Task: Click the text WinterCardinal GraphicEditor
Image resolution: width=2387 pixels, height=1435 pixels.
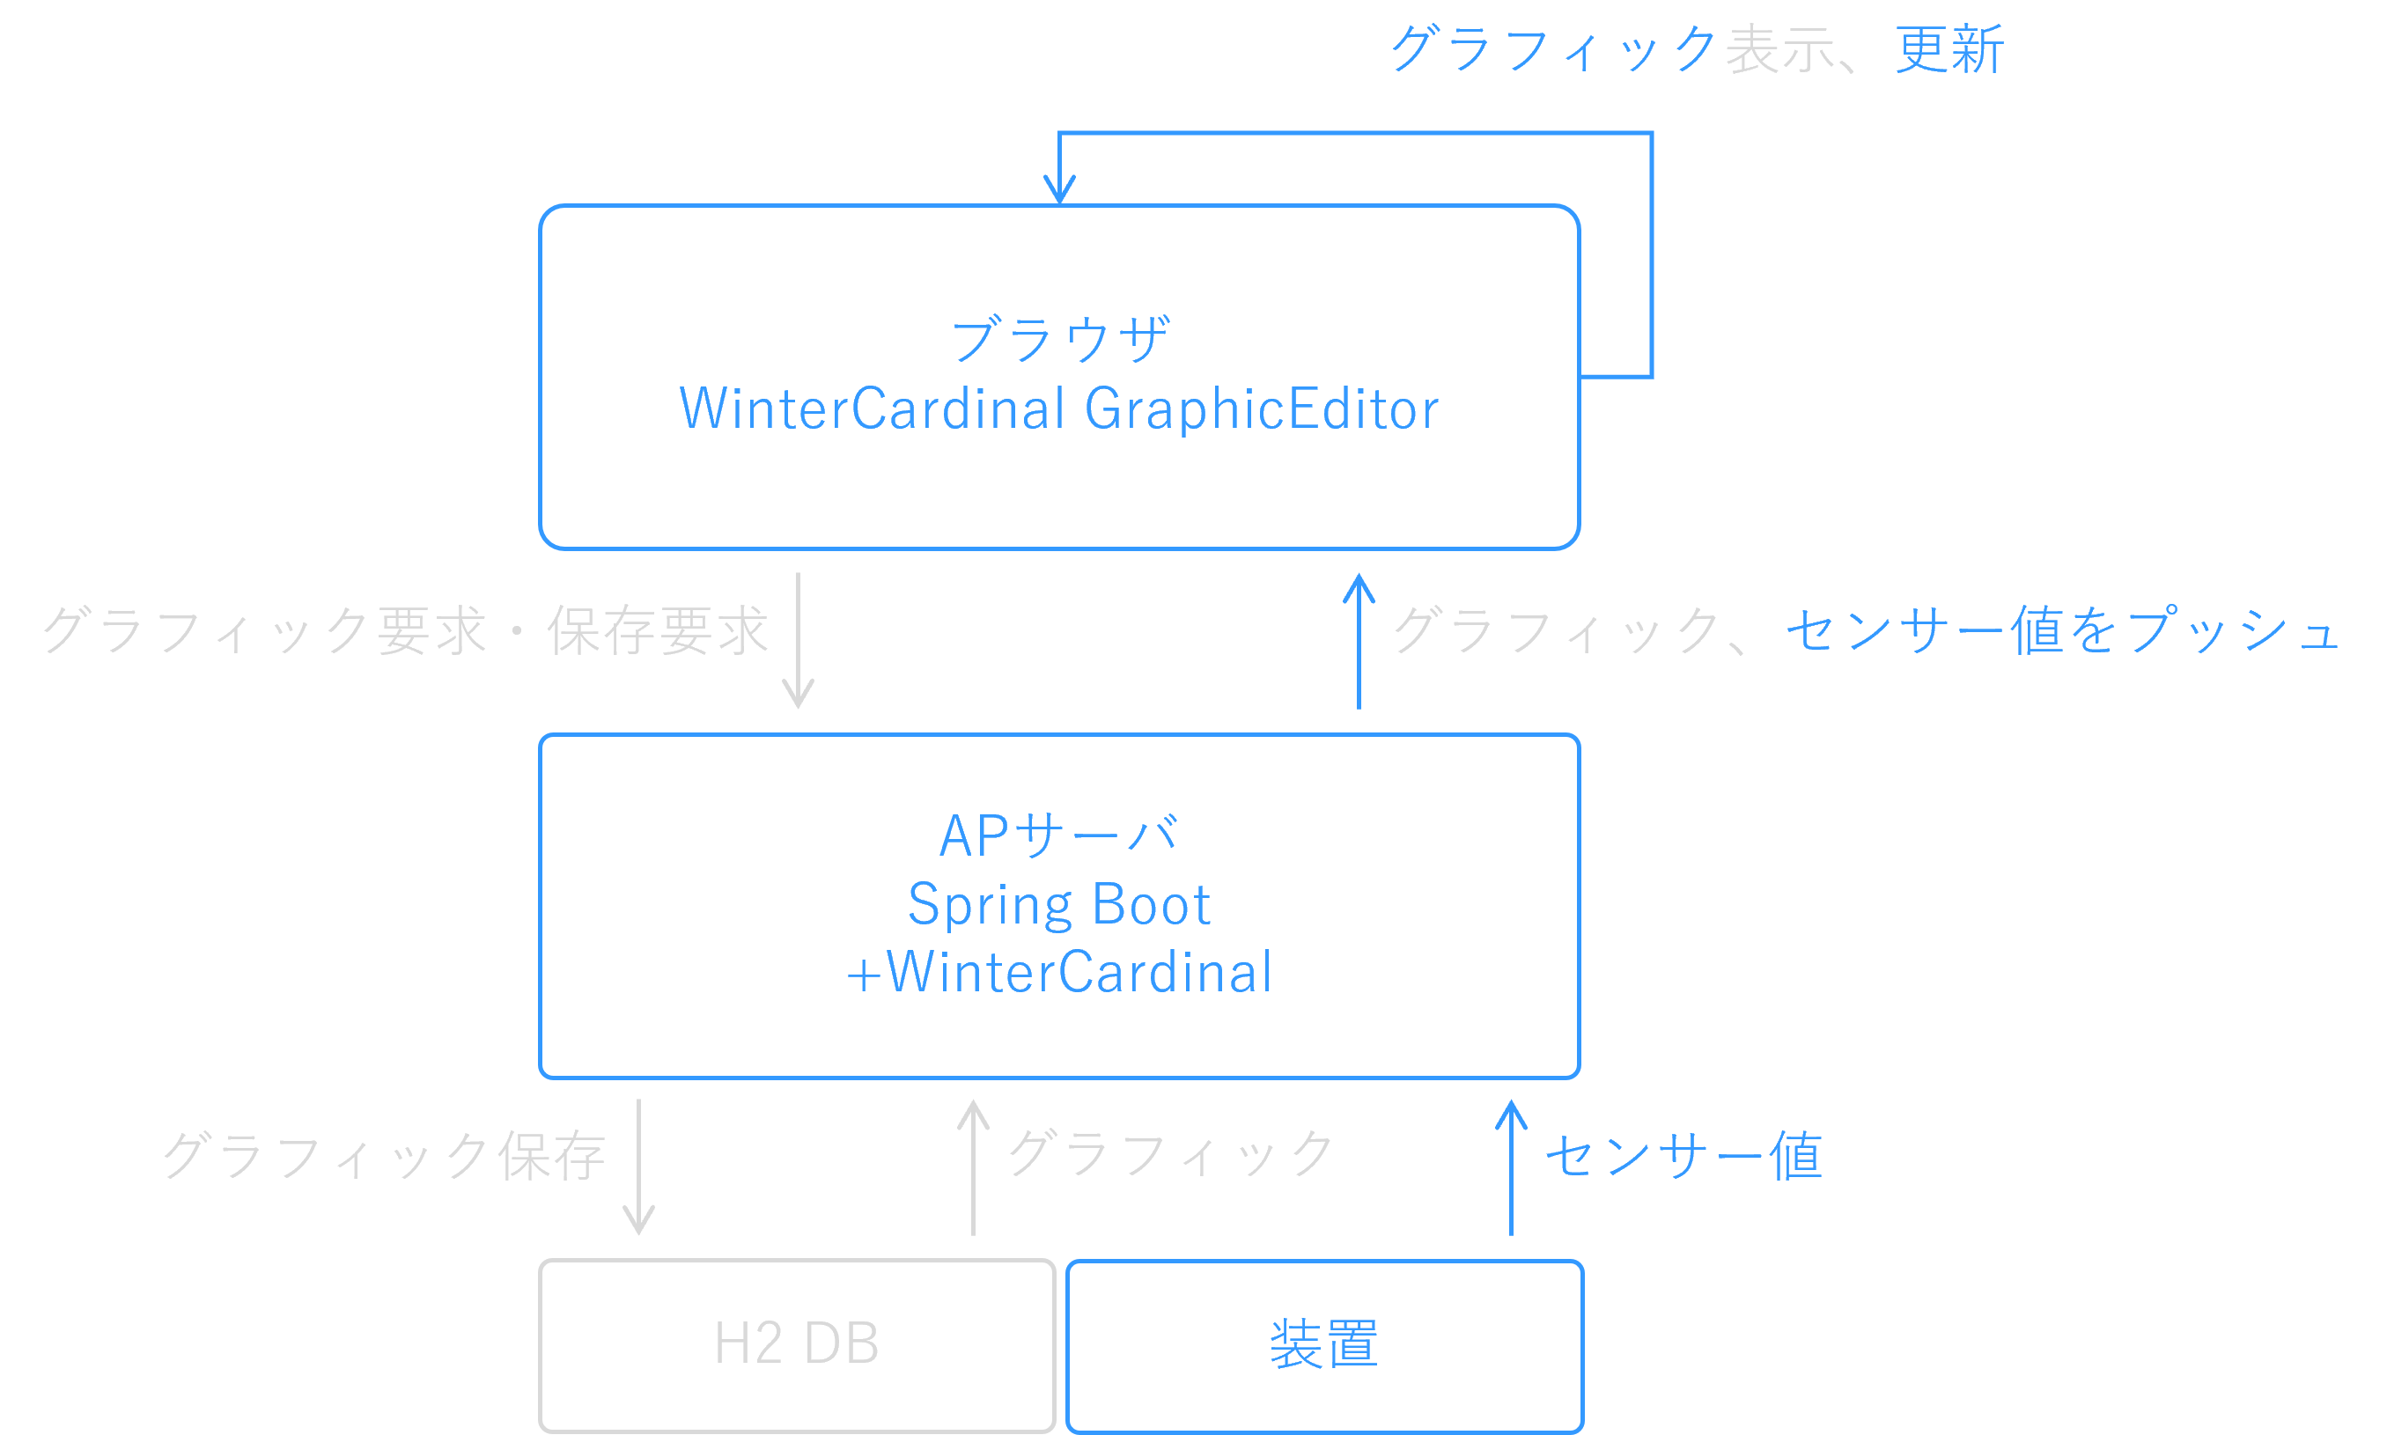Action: (1058, 409)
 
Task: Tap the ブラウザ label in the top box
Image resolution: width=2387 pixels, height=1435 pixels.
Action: (1061, 340)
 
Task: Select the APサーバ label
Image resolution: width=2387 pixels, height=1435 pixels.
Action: (1058, 835)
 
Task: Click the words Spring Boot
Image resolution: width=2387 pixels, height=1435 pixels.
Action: (1058, 904)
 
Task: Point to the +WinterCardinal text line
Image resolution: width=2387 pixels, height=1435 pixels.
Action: (1058, 973)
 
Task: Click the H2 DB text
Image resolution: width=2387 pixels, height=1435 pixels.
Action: (797, 1343)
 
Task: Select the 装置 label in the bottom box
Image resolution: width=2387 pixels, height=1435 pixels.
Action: (1323, 1344)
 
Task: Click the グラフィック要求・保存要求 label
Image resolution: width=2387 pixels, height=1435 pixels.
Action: (405, 631)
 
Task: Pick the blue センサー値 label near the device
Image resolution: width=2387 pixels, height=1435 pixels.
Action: (1683, 1156)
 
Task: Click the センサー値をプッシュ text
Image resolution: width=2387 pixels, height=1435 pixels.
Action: (2060, 629)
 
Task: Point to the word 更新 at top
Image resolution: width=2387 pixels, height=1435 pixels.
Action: (1949, 49)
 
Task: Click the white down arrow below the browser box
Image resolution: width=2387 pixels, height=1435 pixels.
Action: (798, 640)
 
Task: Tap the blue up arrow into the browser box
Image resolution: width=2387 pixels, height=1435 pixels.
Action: (1359, 640)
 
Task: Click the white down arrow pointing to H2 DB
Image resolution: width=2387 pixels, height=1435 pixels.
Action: (638, 1166)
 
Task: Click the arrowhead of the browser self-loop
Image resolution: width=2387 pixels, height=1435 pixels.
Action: (1059, 189)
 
